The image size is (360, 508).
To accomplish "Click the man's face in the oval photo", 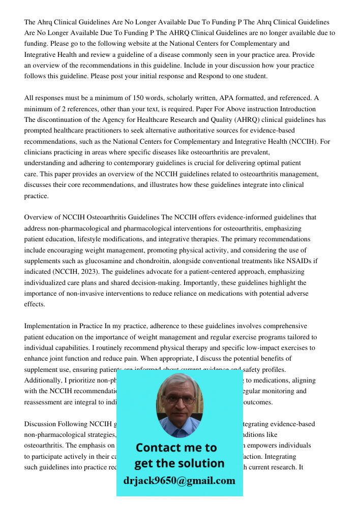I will click(179, 400).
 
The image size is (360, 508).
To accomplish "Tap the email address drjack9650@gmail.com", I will click(179, 480).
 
